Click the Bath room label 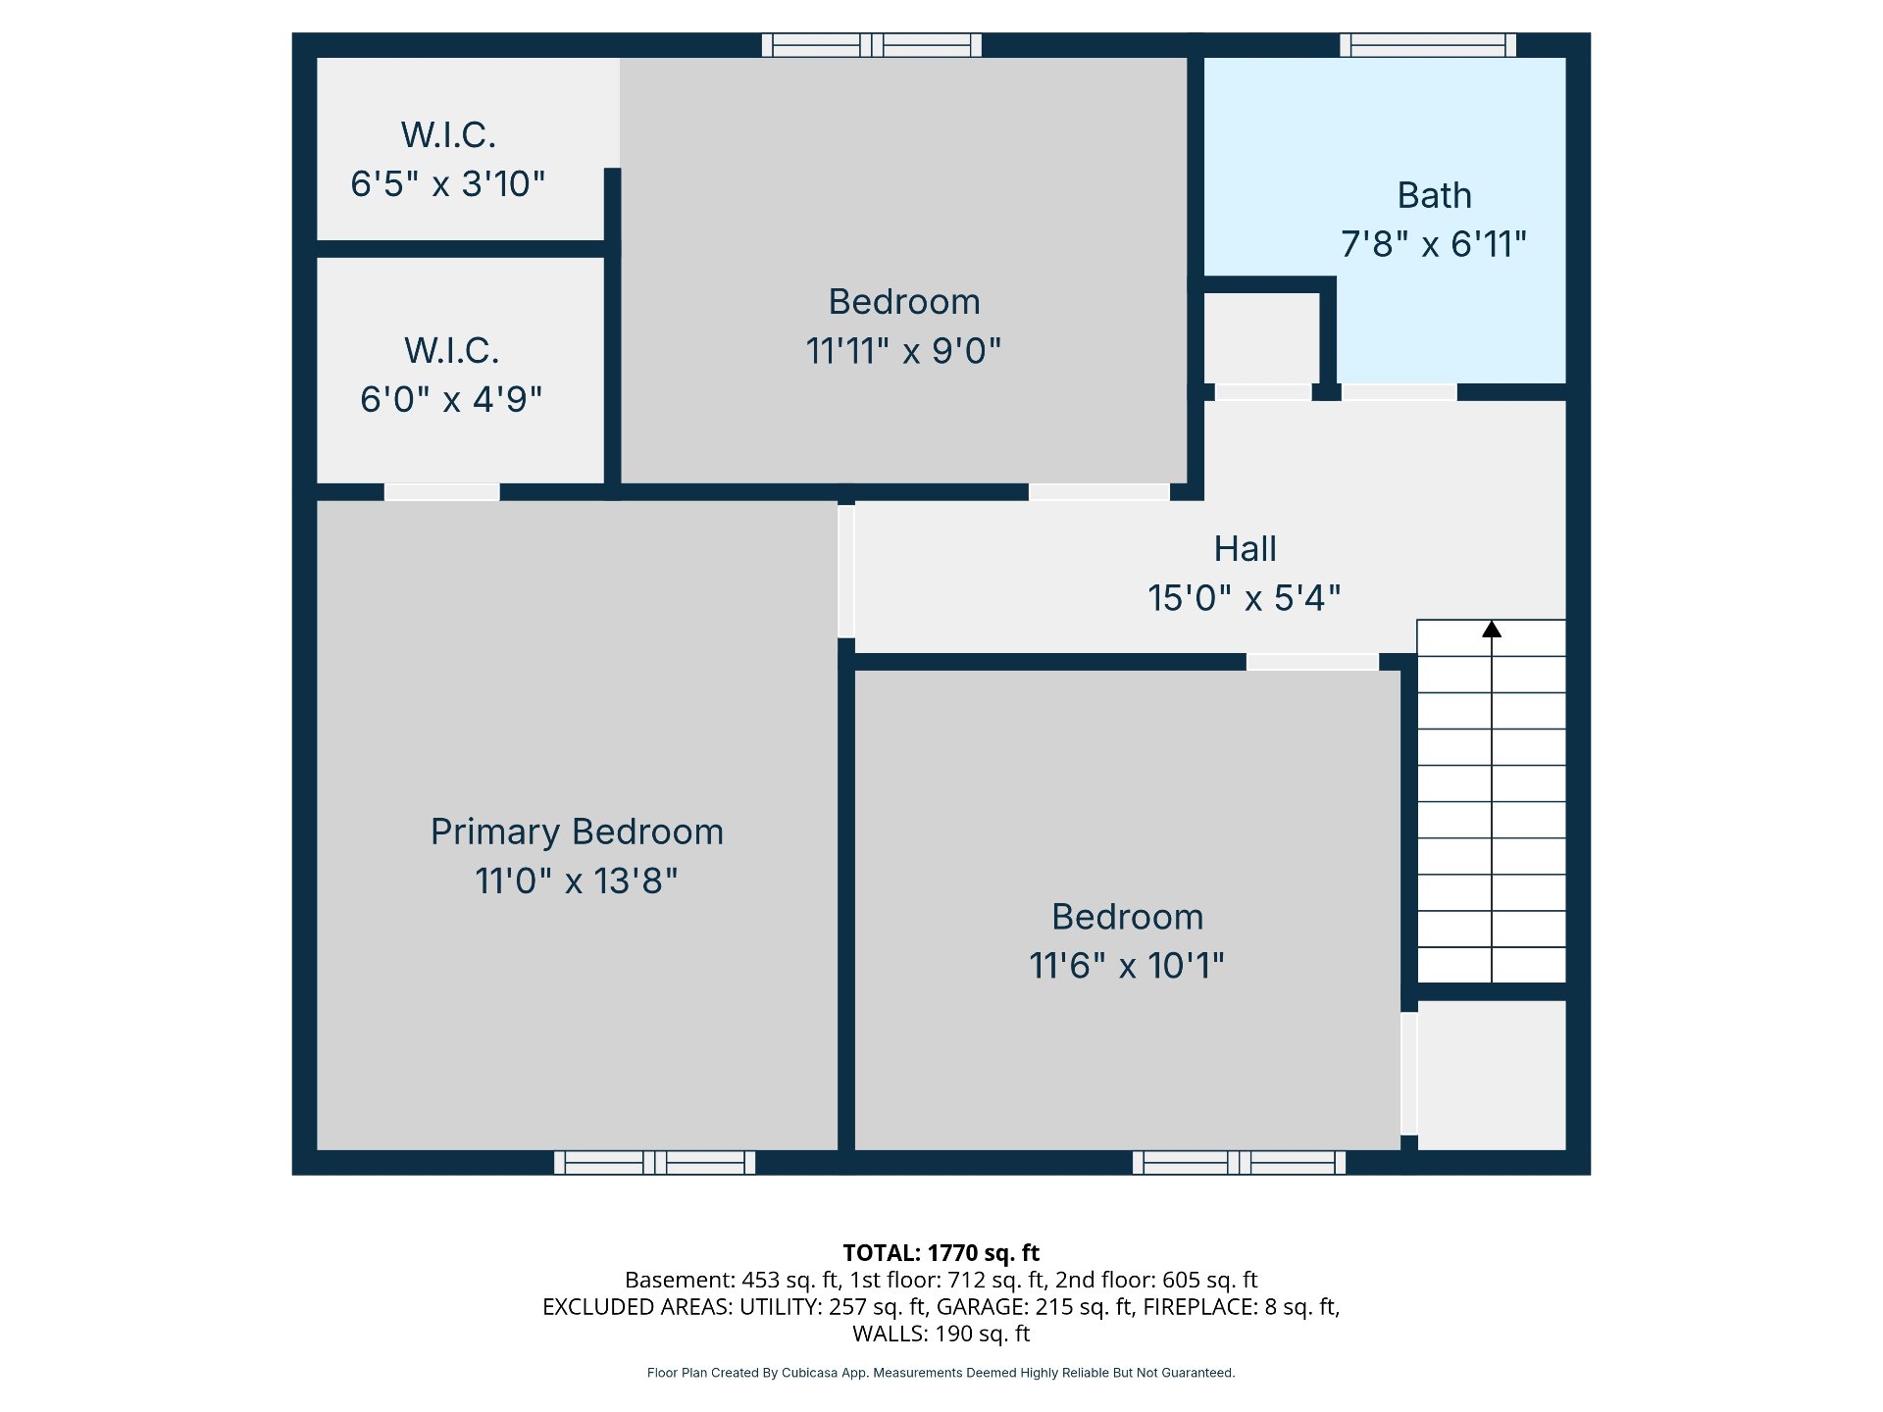point(1434,195)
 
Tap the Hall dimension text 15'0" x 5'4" point(1245,597)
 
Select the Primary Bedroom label point(577,832)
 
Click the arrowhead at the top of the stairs point(1492,629)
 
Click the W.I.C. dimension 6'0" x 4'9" point(451,399)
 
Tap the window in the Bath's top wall point(1428,45)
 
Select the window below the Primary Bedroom point(654,1162)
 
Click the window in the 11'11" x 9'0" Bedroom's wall point(872,45)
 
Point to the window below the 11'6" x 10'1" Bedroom point(1239,1162)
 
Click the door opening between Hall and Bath point(1399,392)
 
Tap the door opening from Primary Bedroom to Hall point(846,571)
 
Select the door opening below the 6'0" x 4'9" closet point(441,491)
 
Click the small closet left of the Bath point(1262,338)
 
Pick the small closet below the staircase point(1492,1075)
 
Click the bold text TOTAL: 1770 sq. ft point(941,1252)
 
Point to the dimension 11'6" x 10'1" point(1127,965)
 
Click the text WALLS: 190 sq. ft point(941,1334)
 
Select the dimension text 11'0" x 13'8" point(577,881)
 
